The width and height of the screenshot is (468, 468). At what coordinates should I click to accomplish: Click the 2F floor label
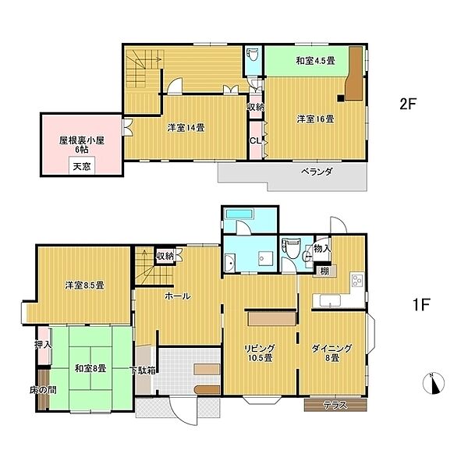click(x=408, y=104)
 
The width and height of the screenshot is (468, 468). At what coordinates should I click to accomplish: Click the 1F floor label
click(x=421, y=305)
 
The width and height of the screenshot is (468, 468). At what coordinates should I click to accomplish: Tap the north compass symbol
click(x=434, y=383)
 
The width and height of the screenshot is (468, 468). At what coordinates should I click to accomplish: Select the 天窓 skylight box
click(x=82, y=165)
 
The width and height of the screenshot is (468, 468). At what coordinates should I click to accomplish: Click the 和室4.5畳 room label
click(x=315, y=61)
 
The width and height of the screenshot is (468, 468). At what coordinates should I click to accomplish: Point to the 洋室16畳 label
click(x=315, y=119)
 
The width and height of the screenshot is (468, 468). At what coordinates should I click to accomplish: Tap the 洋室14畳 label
click(x=186, y=128)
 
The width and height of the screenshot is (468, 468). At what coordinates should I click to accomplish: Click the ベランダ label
click(x=317, y=172)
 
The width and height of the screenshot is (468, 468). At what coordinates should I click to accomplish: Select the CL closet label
click(x=256, y=141)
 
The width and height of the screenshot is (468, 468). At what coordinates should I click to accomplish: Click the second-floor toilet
click(x=253, y=55)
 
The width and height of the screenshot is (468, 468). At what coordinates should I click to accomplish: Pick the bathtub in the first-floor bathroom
click(x=239, y=214)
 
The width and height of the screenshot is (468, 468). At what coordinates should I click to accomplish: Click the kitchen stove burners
click(x=357, y=280)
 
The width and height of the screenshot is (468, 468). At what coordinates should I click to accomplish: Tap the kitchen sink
click(x=330, y=300)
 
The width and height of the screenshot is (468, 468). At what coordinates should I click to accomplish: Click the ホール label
click(x=177, y=296)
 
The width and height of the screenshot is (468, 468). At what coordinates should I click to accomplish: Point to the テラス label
click(x=335, y=405)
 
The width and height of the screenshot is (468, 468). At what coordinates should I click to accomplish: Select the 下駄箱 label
click(x=143, y=370)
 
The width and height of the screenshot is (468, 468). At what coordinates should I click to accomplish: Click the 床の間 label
click(x=43, y=390)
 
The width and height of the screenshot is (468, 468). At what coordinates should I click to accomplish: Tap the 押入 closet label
click(x=43, y=345)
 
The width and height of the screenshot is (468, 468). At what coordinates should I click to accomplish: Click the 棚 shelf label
click(x=324, y=271)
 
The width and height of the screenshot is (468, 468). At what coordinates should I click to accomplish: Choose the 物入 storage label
click(x=321, y=248)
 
